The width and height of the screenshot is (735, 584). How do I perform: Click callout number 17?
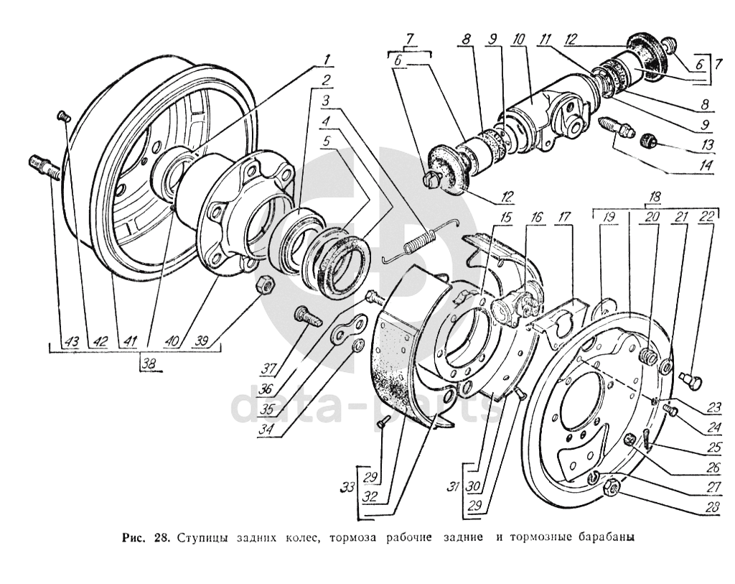point(564,217)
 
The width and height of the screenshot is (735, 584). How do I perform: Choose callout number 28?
point(712,507)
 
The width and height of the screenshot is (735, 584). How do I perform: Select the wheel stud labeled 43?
point(44,167)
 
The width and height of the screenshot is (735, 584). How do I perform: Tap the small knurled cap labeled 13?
point(648,140)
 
